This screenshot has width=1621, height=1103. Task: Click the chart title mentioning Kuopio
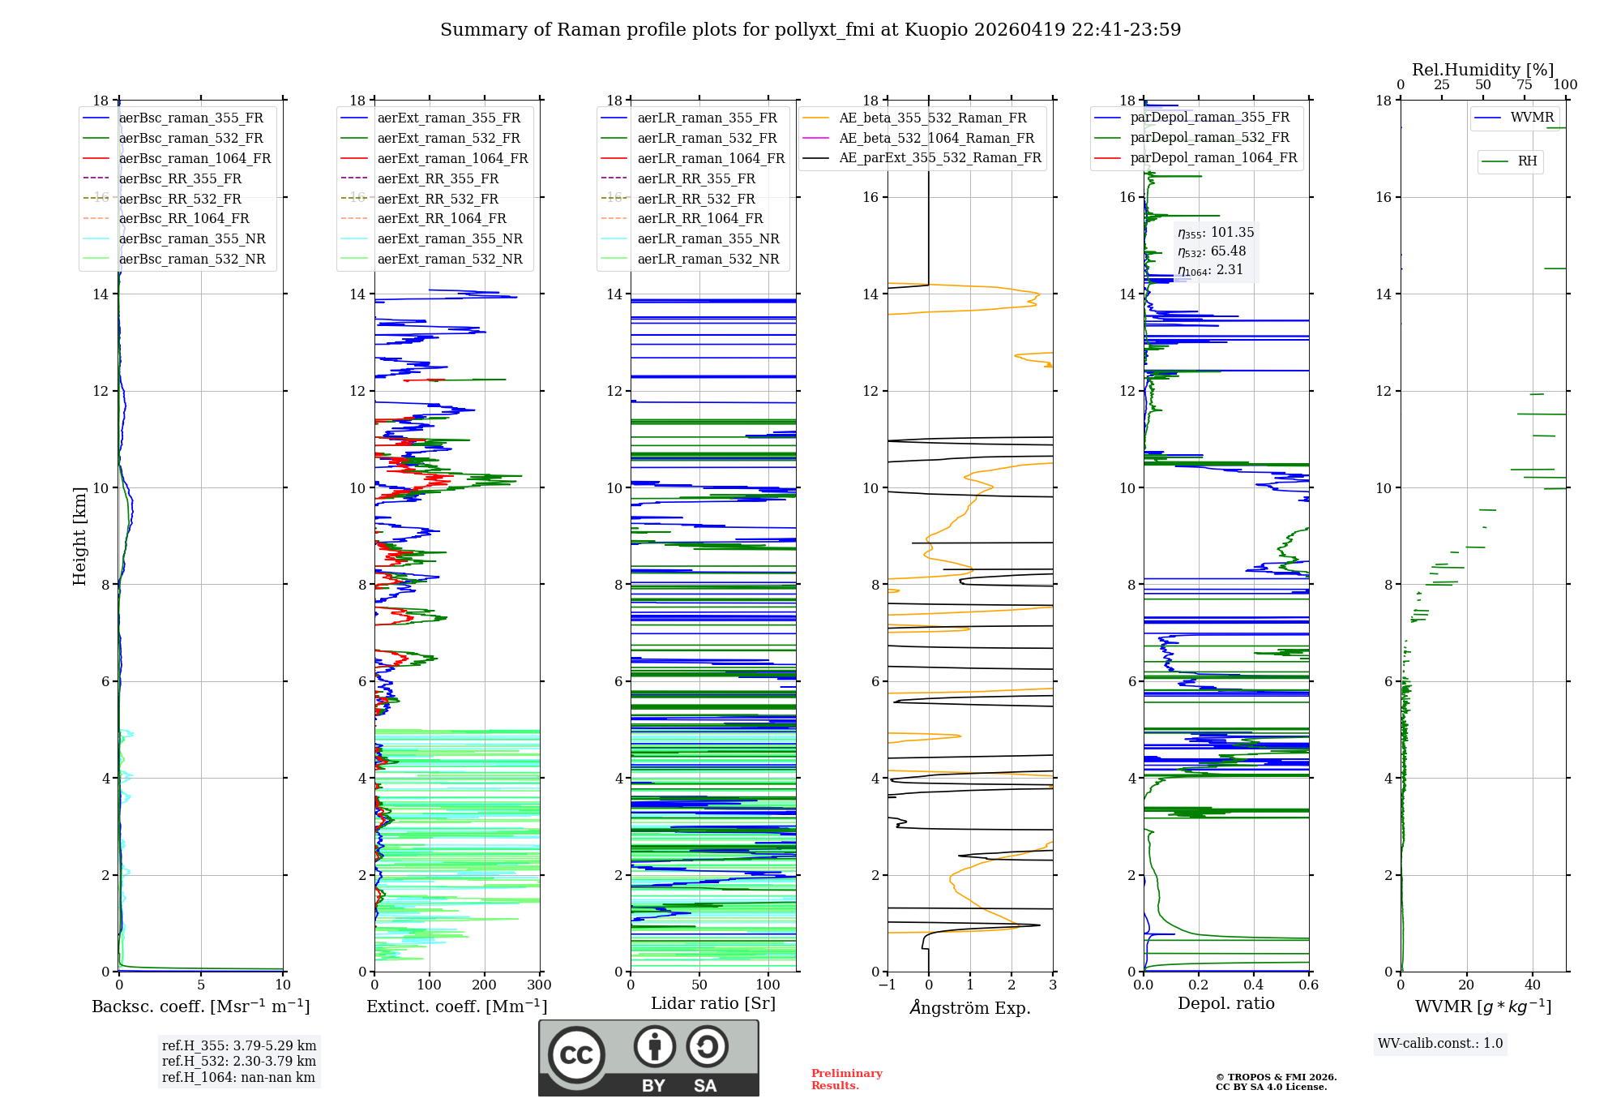click(x=810, y=30)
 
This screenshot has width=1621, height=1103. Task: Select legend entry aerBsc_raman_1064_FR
click(x=195, y=159)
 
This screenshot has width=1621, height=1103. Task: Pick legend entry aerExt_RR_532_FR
click(x=438, y=199)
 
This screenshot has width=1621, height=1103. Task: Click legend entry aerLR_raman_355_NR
click(x=708, y=239)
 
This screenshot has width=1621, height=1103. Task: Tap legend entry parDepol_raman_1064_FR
click(x=1213, y=158)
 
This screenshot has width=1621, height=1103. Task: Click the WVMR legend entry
click(x=1532, y=118)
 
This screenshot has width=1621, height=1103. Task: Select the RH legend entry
click(x=1527, y=161)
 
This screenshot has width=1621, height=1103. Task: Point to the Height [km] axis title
click(x=79, y=535)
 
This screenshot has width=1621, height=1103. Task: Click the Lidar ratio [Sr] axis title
click(x=713, y=1004)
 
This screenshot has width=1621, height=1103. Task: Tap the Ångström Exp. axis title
click(x=970, y=1008)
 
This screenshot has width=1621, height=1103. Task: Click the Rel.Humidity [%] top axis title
click(x=1483, y=70)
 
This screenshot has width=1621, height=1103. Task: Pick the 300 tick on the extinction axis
click(x=540, y=985)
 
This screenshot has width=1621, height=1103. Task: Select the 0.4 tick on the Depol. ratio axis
click(x=1254, y=985)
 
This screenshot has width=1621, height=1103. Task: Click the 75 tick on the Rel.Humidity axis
click(x=1525, y=85)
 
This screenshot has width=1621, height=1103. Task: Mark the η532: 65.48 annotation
click(x=1212, y=251)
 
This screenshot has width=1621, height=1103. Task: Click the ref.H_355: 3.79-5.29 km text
click(x=239, y=1045)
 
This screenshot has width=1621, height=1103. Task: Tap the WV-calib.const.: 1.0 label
click(x=1440, y=1044)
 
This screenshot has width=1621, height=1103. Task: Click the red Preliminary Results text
click(x=846, y=1079)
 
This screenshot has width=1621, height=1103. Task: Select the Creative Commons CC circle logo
click(x=576, y=1055)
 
